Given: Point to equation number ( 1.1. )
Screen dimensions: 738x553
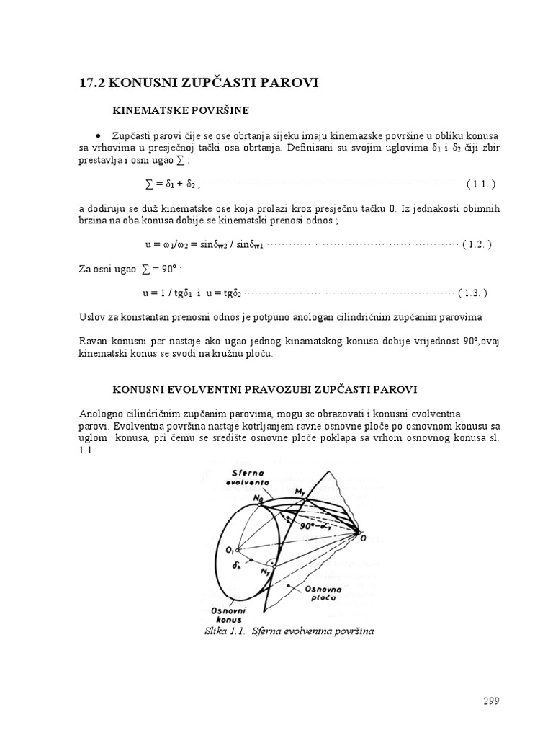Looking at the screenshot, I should [481, 184].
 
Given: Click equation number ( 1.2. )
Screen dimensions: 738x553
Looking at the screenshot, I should [477, 244].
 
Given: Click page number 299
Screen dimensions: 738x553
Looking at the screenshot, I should [490, 701].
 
